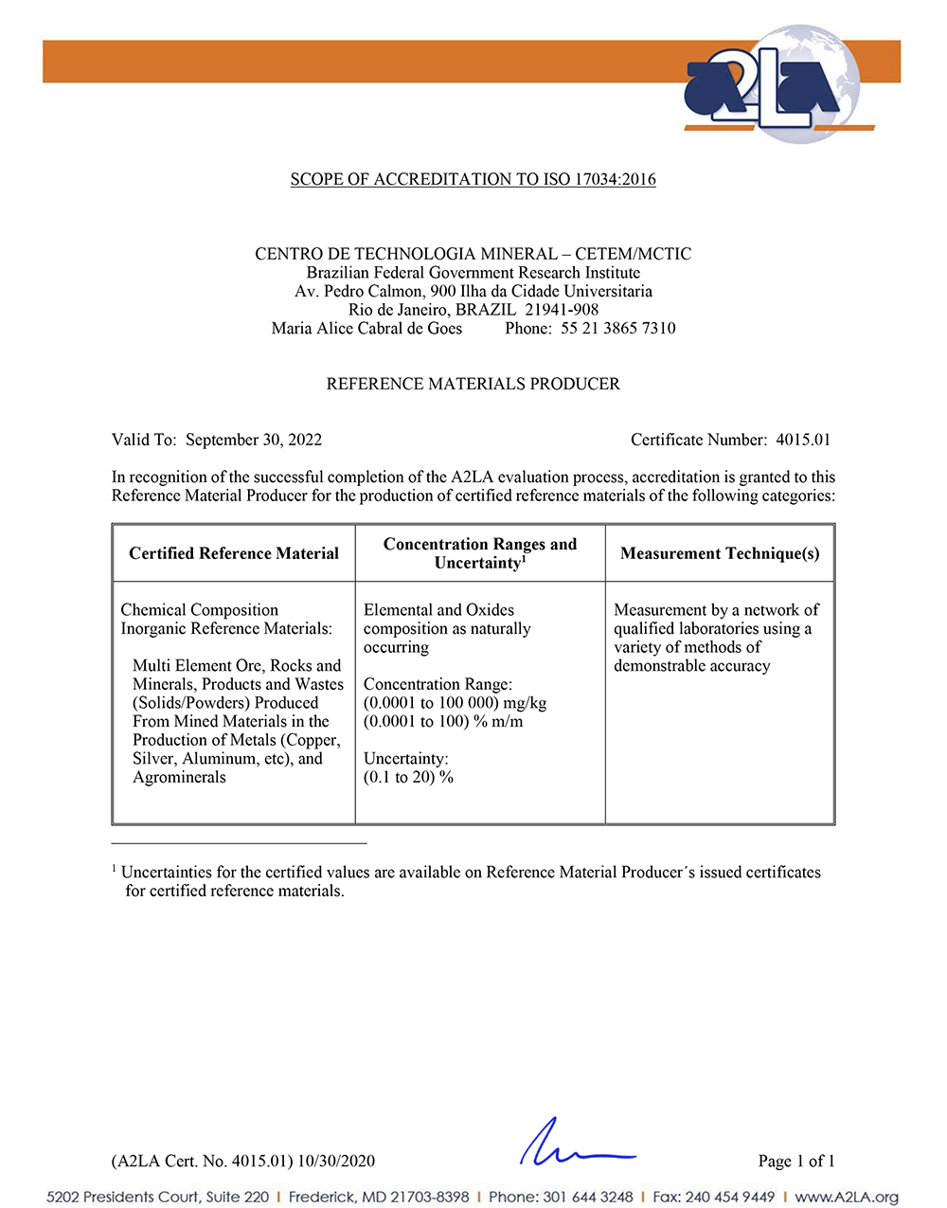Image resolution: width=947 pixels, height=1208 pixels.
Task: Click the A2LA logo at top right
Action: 773,86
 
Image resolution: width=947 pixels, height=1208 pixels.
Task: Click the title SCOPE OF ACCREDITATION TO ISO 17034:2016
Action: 473,179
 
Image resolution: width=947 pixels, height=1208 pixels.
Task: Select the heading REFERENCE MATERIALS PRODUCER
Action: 473,384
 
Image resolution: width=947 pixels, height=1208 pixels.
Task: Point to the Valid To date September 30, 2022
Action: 254,440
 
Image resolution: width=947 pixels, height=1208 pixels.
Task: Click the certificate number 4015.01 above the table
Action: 803,440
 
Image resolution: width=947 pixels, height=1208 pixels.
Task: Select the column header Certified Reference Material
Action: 234,553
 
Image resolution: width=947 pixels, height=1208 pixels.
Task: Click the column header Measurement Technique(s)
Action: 720,553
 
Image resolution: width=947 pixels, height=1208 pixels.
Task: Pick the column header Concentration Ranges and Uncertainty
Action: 480,553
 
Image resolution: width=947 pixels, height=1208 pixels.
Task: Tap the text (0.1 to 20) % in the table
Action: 408,777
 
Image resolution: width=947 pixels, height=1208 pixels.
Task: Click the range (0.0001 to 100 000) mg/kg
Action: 455,703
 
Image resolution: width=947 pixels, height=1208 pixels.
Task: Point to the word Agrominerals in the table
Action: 179,777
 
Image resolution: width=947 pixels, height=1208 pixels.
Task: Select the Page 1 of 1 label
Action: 796,1161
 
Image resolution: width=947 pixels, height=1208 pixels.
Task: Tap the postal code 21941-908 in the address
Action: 562,310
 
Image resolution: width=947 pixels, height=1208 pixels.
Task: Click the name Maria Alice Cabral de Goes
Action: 366,329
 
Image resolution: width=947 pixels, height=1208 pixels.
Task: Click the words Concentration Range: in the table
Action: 438,684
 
